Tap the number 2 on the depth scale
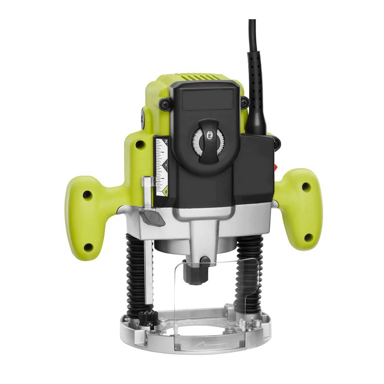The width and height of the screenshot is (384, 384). pyautogui.click(x=166, y=142)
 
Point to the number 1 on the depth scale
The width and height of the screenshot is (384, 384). pyautogui.click(x=166, y=166)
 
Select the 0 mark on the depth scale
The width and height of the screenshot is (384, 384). pyautogui.click(x=166, y=191)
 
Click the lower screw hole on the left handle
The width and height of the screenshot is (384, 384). pyautogui.click(x=88, y=246)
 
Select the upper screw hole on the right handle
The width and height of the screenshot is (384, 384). pyautogui.click(x=306, y=187)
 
